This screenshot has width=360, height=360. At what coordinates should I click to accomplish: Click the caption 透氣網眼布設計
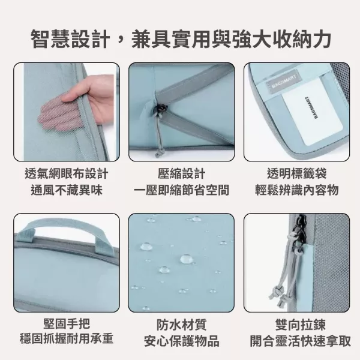(x=67, y=174)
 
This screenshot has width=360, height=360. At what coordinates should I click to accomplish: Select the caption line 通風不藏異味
(x=67, y=191)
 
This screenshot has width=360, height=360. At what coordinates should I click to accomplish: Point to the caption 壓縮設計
(x=181, y=174)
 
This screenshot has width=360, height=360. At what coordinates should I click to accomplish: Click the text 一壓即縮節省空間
(x=181, y=191)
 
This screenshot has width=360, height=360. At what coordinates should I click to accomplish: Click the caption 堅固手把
(x=67, y=325)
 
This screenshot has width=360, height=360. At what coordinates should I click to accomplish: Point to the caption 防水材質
(x=181, y=325)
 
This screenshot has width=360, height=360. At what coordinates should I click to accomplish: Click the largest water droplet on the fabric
(x=187, y=259)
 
